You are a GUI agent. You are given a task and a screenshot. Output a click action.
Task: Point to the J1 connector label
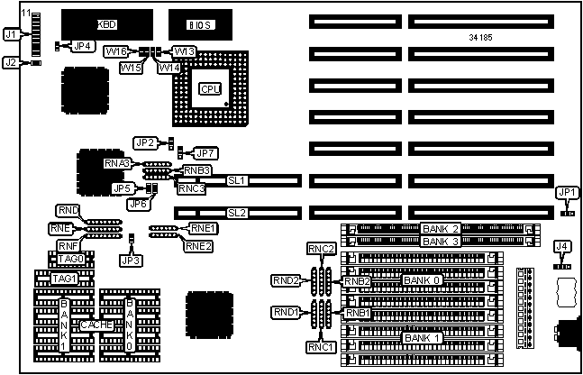pyautogui.click(x=12, y=34)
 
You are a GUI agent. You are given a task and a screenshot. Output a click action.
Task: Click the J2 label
pyautogui.click(x=12, y=63)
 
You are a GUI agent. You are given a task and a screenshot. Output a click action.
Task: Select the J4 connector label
pyautogui.click(x=561, y=245)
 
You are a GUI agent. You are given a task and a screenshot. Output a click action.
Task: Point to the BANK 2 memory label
pyautogui.click(x=442, y=229)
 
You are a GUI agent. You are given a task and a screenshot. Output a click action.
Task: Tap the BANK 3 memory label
pyautogui.click(x=442, y=242)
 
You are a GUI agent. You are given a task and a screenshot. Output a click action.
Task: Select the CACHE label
pyautogui.click(x=96, y=324)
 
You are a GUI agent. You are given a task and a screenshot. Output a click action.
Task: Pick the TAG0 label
pyautogui.click(x=69, y=259)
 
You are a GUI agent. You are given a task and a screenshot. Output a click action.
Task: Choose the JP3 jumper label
pyautogui.click(x=132, y=260)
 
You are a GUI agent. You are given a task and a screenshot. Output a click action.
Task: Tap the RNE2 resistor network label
pyautogui.click(x=199, y=244)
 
